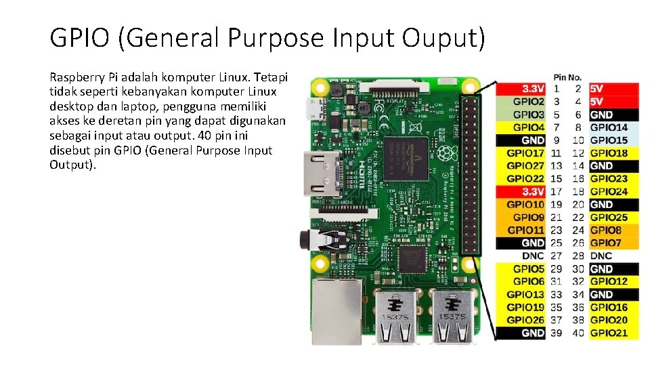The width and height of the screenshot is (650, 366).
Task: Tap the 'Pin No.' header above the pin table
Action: tap(567, 77)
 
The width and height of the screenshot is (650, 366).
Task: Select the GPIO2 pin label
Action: tap(528, 102)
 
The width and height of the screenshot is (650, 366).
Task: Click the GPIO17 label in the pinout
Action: tap(525, 153)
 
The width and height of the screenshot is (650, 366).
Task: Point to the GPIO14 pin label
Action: tap(609, 127)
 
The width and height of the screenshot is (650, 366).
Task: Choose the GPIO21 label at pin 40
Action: tap(609, 333)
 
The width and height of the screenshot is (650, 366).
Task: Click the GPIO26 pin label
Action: tap(525, 320)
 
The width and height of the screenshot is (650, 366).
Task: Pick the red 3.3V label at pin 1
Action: tap(533, 89)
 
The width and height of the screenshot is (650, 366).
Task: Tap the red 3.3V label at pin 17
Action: tap(533, 192)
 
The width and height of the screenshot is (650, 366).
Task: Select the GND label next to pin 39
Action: tap(533, 333)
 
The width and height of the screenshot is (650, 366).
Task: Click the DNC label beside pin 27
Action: tap(533, 256)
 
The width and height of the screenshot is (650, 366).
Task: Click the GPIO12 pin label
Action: tap(609, 281)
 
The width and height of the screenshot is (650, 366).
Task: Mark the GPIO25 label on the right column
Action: tap(609, 218)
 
